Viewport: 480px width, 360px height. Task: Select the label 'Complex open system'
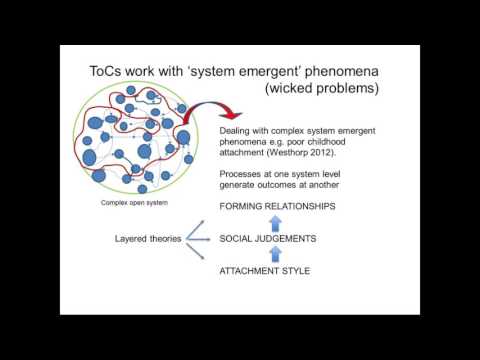pyautogui.click(x=135, y=203)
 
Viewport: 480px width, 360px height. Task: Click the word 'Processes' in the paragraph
pyautogui.click(x=242, y=173)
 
